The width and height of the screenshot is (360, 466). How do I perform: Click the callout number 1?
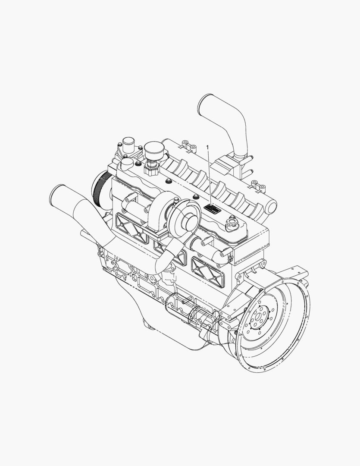coord(208,147)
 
